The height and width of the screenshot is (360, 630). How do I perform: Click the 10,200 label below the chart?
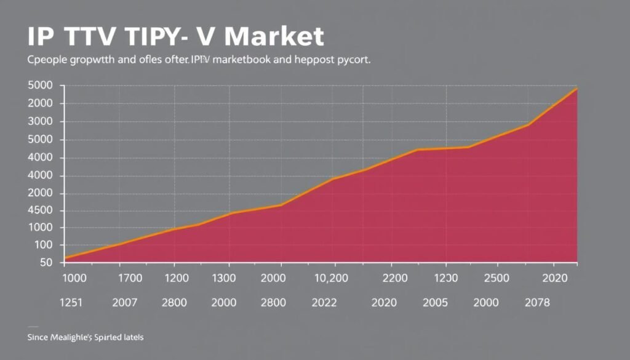tap(332, 278)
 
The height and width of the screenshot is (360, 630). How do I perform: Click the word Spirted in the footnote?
tap(110, 338)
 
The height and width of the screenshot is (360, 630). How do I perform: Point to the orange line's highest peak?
tap(576, 89)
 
